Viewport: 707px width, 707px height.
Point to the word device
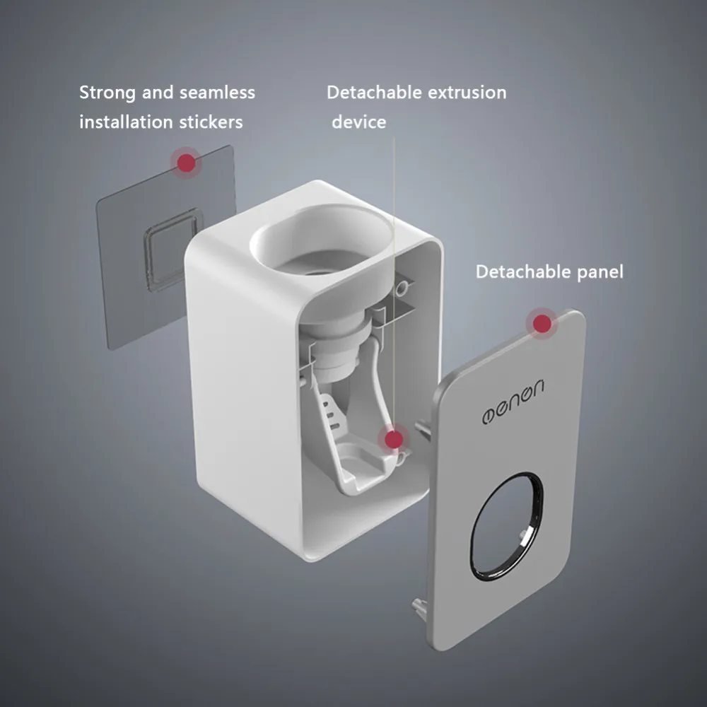[359, 122]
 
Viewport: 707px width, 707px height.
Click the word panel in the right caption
[597, 272]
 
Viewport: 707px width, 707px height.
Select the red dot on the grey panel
[542, 324]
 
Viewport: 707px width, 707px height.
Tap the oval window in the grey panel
[507, 522]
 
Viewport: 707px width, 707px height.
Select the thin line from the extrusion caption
[393, 283]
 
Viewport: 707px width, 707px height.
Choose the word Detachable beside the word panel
[520, 272]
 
